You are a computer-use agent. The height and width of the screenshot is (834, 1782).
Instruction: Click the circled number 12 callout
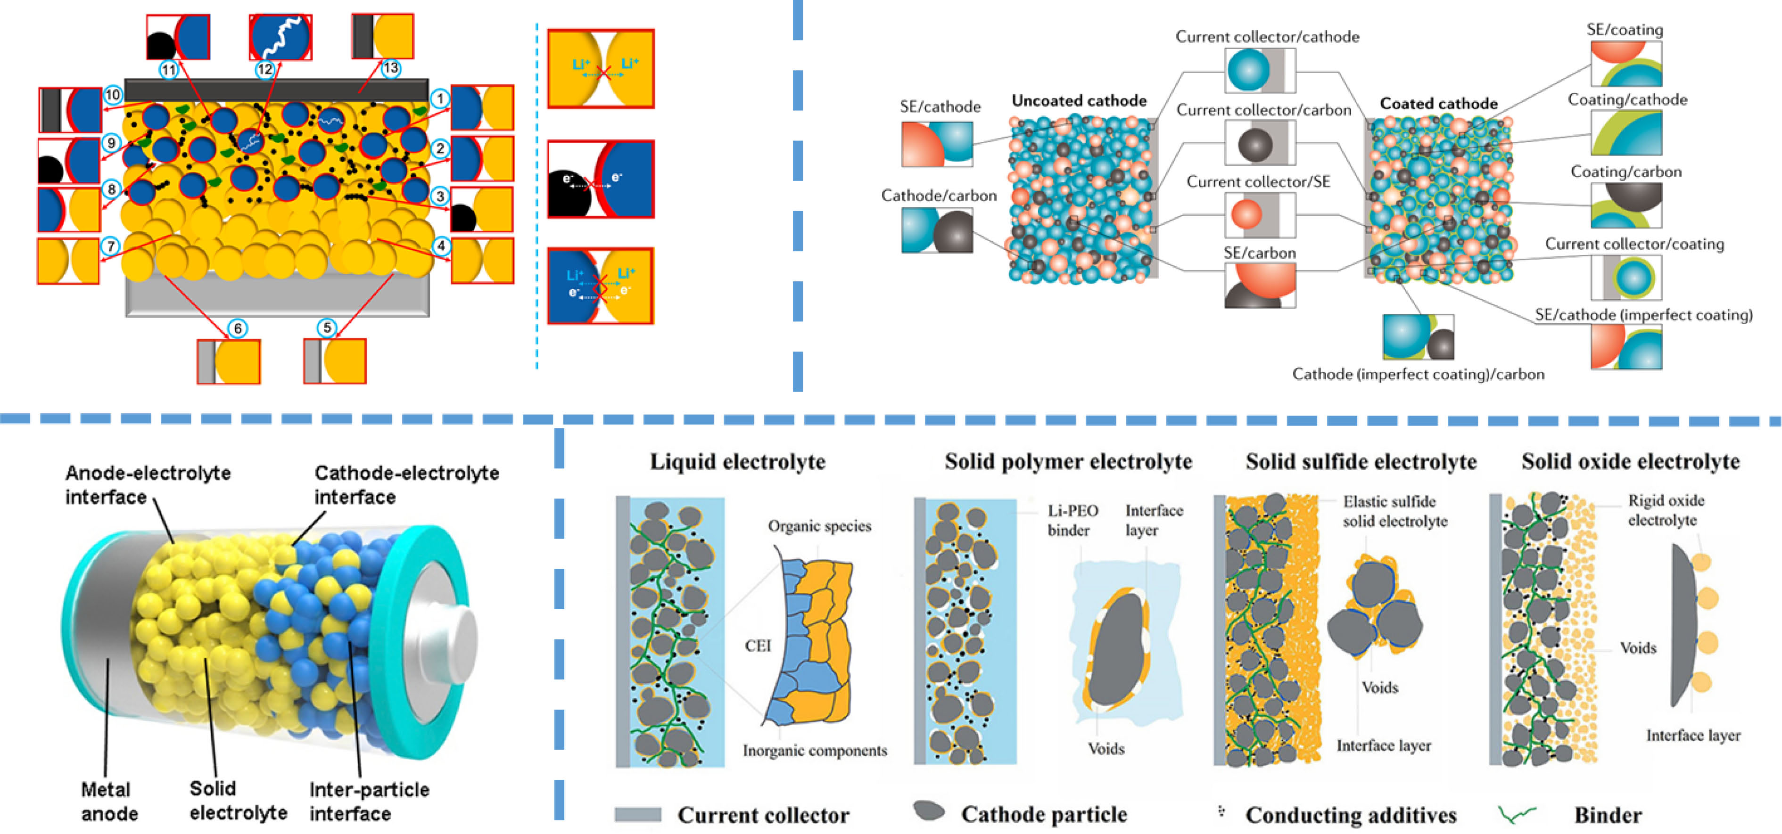265,69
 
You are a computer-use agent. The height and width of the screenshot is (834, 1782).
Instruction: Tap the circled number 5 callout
327,328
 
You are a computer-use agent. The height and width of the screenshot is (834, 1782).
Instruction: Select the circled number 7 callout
111,245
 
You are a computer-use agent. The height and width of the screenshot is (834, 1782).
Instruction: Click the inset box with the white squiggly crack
280,37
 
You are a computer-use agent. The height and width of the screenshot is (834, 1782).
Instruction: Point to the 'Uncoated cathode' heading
1079,101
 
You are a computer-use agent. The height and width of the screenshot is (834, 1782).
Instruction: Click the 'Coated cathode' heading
1439,104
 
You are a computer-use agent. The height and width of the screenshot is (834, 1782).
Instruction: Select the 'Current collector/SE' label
1258,182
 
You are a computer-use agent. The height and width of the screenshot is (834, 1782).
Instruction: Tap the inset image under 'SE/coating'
1625,64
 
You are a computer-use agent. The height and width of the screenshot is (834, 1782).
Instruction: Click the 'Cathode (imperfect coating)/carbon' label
1418,374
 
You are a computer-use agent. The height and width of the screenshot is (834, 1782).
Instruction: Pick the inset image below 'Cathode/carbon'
937,230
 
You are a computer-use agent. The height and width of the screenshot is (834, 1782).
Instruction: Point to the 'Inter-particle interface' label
369,801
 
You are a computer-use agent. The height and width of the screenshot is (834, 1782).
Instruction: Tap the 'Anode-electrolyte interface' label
148,485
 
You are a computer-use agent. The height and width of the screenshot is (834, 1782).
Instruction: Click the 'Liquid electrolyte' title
737,462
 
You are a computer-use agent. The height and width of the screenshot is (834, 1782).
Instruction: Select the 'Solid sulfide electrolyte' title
1361,462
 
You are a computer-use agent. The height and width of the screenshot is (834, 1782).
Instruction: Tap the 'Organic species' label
819,526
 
